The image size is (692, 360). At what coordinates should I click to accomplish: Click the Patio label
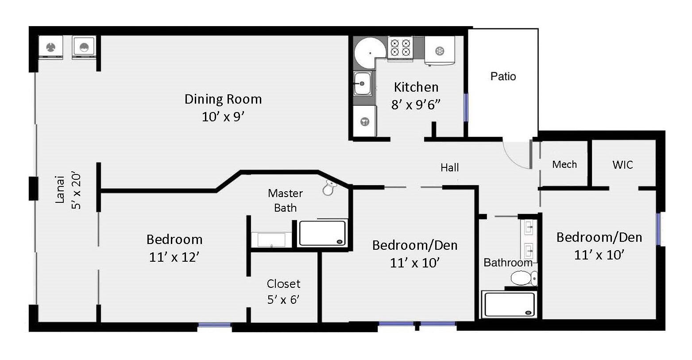pos(503,76)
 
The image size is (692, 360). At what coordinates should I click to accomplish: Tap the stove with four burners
pos(400,48)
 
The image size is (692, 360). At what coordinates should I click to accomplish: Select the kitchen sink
pos(362,83)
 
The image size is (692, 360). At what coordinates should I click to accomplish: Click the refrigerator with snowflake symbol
pos(440,50)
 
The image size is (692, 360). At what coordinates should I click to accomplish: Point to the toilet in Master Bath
pos(329,188)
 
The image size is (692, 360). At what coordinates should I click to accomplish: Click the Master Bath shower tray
pos(322,233)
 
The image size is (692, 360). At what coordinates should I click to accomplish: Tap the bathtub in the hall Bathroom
pos(510,304)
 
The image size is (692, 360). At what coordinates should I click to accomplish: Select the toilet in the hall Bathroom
pos(524,278)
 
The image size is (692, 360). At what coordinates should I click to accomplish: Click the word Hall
pos(449,167)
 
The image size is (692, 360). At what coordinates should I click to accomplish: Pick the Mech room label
pos(564,164)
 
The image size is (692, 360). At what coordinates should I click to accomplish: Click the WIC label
pos(622,165)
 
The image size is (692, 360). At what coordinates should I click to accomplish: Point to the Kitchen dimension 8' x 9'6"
pos(416,105)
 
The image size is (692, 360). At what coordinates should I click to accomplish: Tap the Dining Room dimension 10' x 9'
pos(223,117)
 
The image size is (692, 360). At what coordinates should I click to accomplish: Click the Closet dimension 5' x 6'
pos(283,299)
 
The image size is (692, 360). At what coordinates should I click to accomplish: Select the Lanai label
pos(60,190)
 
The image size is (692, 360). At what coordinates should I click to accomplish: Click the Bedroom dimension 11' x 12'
pos(174,257)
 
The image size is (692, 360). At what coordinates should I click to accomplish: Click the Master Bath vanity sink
pos(271,240)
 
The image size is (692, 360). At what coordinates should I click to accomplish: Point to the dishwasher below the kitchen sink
pos(364,121)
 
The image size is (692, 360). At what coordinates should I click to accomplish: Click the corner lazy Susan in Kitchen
pos(370,53)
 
